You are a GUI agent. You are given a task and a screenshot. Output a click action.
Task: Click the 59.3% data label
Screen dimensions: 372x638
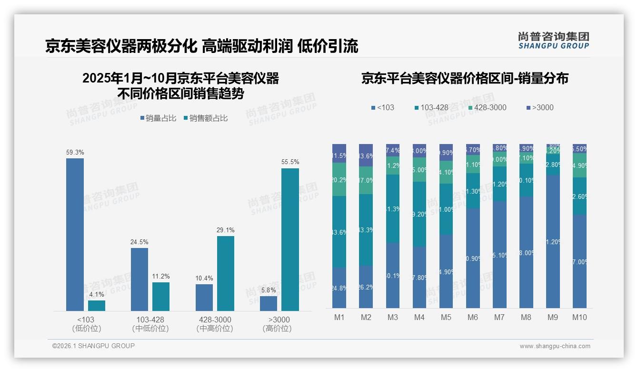pyautogui.click(x=75, y=153)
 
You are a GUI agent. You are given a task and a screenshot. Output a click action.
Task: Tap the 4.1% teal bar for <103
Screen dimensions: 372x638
pyautogui.click(x=97, y=306)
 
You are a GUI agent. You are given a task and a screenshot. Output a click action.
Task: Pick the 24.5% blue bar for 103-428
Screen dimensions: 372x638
pyautogui.click(x=140, y=279)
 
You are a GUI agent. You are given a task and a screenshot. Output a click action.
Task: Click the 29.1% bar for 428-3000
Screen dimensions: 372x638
pyautogui.click(x=226, y=273)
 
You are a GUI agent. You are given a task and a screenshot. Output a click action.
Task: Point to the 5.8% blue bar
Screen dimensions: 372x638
pyautogui.click(x=269, y=303)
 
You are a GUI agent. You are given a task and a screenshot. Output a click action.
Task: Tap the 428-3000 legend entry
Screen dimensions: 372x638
pyautogui.click(x=487, y=107)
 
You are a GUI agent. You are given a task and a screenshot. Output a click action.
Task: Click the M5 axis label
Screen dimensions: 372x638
pyautogui.click(x=446, y=318)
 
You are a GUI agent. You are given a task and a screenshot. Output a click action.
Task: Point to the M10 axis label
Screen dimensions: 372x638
pyautogui.click(x=579, y=318)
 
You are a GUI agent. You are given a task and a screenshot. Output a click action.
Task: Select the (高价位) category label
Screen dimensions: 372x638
pyautogui.click(x=277, y=329)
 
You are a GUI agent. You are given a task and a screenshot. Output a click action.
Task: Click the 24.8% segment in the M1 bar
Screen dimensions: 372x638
pyautogui.click(x=339, y=288)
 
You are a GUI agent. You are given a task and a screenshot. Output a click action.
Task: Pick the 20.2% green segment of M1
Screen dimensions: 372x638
pyautogui.click(x=339, y=179)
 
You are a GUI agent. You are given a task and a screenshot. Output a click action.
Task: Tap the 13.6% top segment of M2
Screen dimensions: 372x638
pyautogui.click(x=366, y=155)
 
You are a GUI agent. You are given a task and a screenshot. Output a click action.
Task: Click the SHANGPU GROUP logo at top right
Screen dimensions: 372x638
pyautogui.click(x=553, y=41)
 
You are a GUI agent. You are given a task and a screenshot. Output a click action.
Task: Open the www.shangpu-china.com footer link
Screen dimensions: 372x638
pyautogui.click(x=555, y=346)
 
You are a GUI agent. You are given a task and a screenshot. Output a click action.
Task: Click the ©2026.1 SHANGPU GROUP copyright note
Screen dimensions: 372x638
pyautogui.click(x=93, y=346)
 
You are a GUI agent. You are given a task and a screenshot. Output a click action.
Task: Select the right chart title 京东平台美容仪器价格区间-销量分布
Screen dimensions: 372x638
pyautogui.click(x=465, y=78)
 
